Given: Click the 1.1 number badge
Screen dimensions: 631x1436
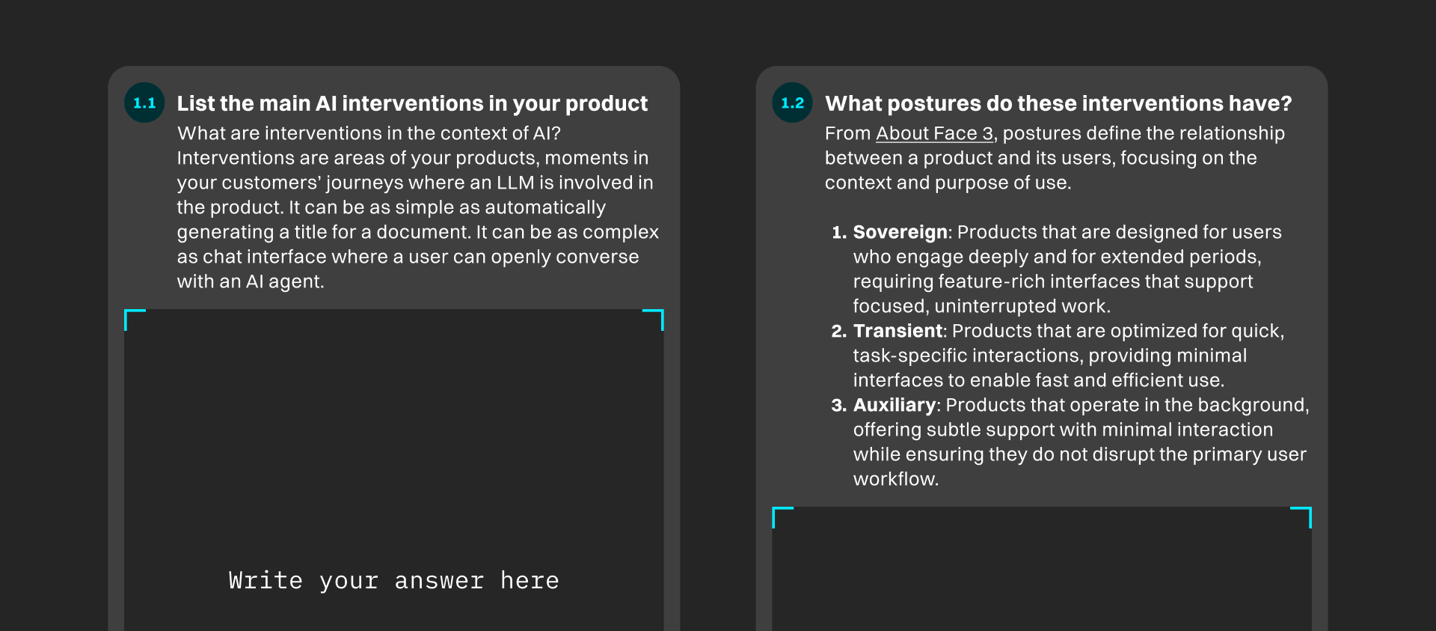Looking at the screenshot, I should click(x=144, y=103).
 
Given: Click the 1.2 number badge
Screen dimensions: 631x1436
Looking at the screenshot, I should click(x=792, y=103).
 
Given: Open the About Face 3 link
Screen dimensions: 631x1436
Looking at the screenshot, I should click(x=934, y=133).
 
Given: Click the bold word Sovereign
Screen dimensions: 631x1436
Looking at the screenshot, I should click(x=900, y=232).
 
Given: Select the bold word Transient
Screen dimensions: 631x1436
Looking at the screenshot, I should click(x=897, y=331).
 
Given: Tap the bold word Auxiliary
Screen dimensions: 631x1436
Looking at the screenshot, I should click(x=894, y=405).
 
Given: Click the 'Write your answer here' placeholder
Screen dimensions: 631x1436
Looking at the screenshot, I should click(x=393, y=581).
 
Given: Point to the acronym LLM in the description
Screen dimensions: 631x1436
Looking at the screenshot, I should click(x=515, y=183).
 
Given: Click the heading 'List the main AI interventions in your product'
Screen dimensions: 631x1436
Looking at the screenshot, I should click(x=412, y=103).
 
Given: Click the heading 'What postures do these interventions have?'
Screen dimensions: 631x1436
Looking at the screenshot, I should click(x=1058, y=103).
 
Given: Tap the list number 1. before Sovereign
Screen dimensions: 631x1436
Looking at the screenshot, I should click(x=839, y=232).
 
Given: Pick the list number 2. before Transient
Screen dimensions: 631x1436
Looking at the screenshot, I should click(x=838, y=331).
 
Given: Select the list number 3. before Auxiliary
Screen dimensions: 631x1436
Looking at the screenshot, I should click(x=838, y=405).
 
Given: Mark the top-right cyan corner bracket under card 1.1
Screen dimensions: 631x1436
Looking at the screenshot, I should click(x=657, y=315).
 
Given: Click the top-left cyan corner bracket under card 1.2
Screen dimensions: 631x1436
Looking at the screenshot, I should click(x=778, y=513).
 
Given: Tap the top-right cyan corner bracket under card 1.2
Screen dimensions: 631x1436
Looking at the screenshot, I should click(x=1305, y=513).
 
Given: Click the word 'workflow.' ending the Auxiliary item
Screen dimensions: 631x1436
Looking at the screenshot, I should click(x=895, y=479).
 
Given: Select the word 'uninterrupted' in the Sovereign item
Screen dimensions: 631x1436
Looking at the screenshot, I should click(x=995, y=306).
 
